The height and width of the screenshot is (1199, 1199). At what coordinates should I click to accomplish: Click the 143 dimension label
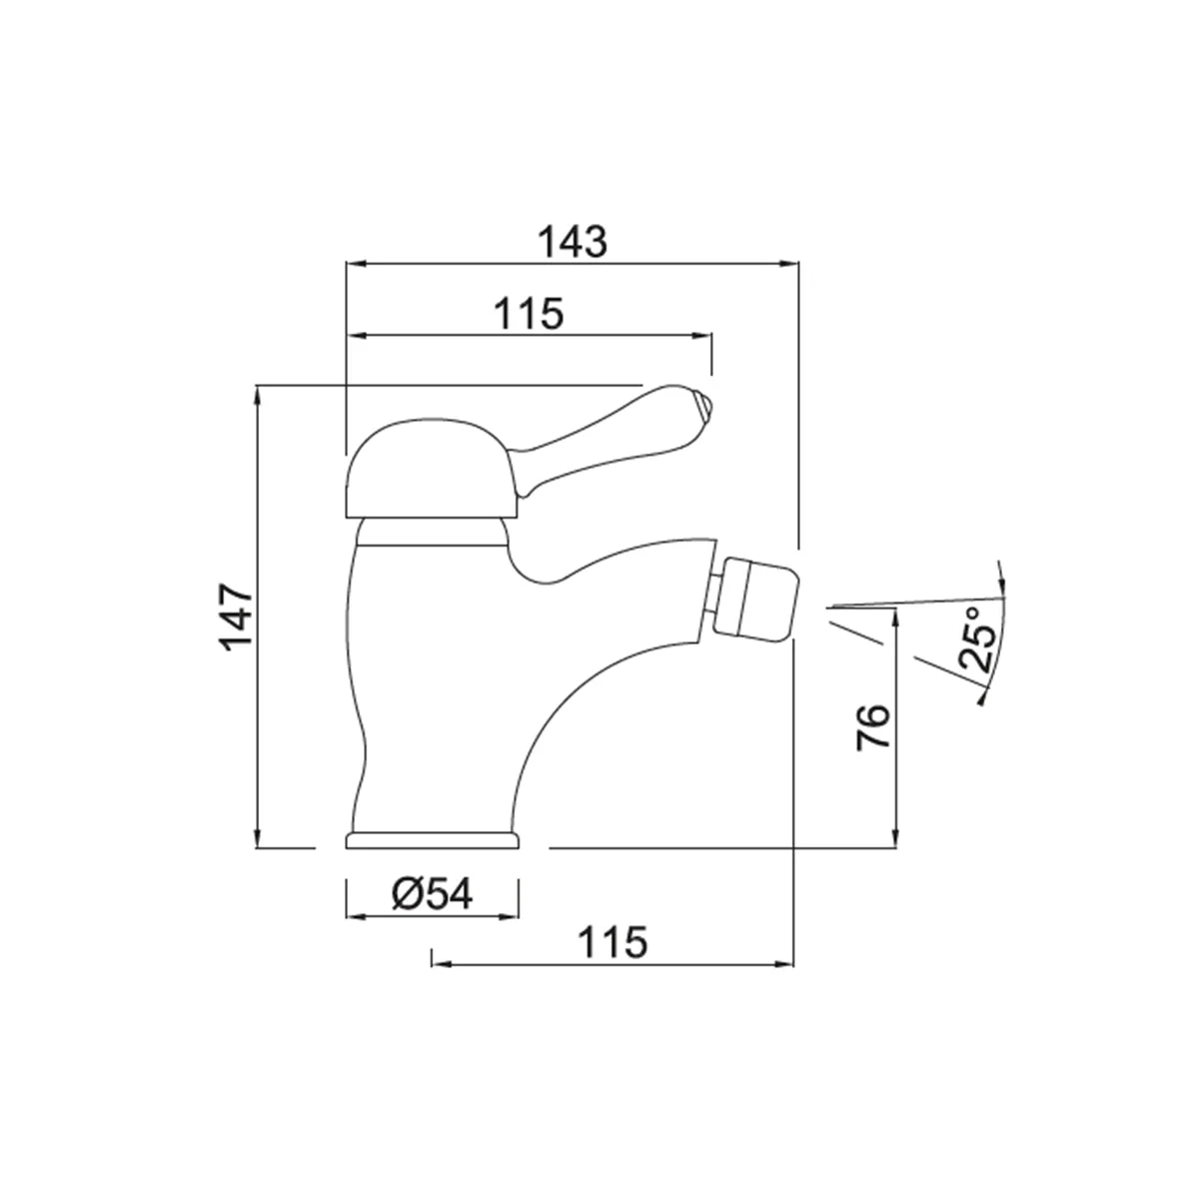tap(572, 242)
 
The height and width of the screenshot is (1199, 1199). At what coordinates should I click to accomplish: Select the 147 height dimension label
tap(238, 616)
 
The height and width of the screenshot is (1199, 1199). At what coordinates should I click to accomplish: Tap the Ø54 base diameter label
tap(433, 894)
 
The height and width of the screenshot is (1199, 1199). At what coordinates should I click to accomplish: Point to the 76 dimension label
tap(872, 726)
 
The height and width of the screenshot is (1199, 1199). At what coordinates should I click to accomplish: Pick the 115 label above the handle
tap(529, 314)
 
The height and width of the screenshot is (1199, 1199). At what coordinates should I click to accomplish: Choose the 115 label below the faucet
tap(612, 942)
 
